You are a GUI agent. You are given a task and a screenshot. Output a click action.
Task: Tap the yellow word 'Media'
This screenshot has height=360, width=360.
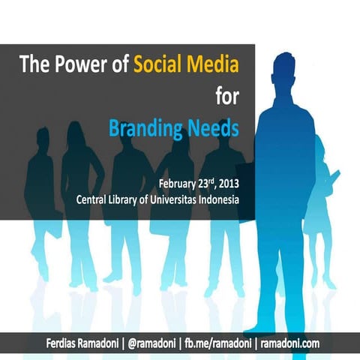(214, 64)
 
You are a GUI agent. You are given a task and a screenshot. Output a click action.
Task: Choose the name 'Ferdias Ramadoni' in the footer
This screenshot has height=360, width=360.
(82, 343)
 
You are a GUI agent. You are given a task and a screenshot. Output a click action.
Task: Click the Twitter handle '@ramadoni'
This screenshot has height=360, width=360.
(159, 343)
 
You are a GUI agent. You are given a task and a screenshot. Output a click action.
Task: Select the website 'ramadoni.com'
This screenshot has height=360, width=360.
(290, 343)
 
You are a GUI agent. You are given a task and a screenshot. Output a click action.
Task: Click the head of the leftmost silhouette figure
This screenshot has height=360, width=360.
(39, 139)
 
